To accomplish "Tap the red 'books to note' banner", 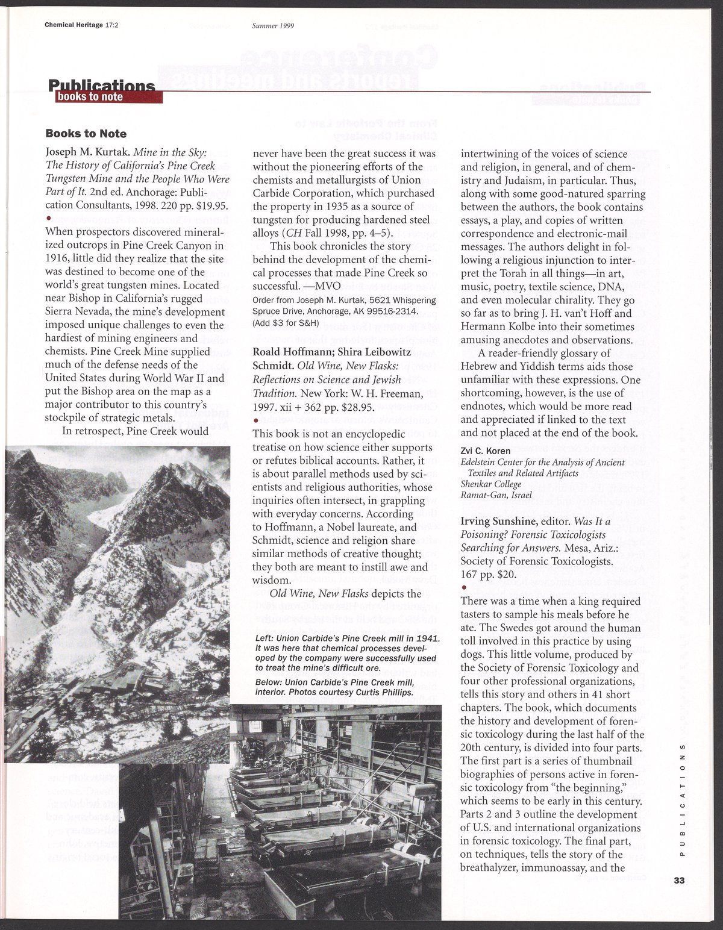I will tap(89, 97).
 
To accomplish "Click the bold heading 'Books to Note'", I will tap(86, 133).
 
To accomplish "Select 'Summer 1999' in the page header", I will tap(277, 25).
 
